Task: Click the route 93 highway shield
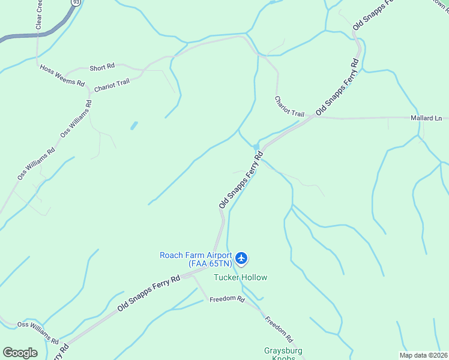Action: coord(75,2)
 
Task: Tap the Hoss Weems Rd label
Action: coord(62,76)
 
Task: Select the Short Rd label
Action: coord(102,67)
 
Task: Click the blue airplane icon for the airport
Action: coord(241,259)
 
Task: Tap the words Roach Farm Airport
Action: coord(195,255)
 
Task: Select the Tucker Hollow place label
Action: coord(241,277)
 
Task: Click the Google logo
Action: coord(20,353)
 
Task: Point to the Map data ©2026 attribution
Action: coord(424,355)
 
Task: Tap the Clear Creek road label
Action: coord(39,16)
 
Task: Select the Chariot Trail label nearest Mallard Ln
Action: coord(289,106)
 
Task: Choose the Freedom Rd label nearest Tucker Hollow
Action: coord(227,299)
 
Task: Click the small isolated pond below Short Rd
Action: coord(133,125)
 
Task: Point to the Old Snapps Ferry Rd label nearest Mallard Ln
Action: coord(338,86)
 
